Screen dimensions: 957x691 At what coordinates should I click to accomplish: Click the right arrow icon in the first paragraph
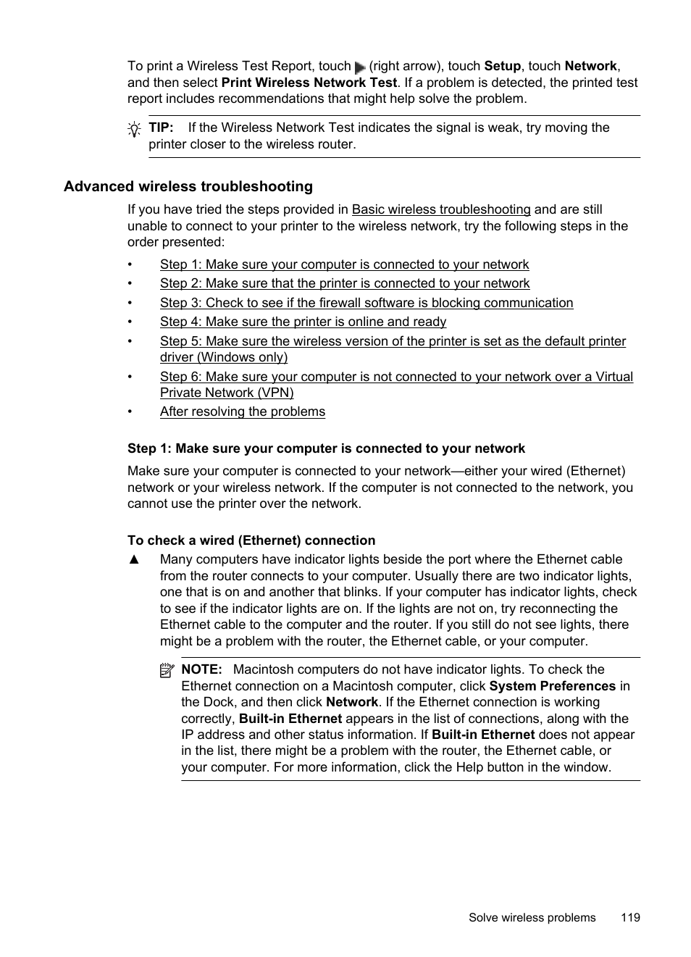coord(360,67)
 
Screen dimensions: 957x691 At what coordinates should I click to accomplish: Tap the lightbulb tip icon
coord(134,130)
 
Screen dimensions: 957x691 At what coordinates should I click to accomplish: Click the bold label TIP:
coord(161,128)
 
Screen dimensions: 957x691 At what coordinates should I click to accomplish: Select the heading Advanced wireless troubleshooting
coord(188,187)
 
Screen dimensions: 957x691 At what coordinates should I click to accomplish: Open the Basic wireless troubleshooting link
coord(441,209)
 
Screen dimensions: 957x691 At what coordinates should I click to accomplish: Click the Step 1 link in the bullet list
coord(344,264)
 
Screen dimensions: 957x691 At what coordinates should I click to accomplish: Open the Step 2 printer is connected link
coord(345,283)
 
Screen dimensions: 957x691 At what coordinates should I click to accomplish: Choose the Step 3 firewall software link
coord(367,303)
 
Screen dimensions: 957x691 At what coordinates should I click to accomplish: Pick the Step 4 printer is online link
coord(303,322)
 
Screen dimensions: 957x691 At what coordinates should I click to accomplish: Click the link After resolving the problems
coord(243,411)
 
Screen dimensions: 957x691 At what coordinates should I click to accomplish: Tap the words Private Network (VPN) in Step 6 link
coord(227,393)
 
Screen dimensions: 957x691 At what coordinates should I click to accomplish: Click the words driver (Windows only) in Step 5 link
coord(224,357)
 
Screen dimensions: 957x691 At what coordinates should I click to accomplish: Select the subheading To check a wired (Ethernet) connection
coord(251,540)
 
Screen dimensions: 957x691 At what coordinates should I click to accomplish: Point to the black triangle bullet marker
coord(133,559)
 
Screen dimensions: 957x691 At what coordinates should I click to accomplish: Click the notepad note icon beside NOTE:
coord(167,671)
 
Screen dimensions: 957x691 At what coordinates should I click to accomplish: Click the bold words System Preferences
coord(552,686)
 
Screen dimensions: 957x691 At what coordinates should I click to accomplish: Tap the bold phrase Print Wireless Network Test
coord(309,83)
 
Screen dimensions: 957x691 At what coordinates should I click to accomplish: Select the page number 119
coord(630,917)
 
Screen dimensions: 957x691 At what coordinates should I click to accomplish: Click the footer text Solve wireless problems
coord(532,917)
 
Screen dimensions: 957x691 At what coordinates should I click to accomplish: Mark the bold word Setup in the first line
coord(502,66)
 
